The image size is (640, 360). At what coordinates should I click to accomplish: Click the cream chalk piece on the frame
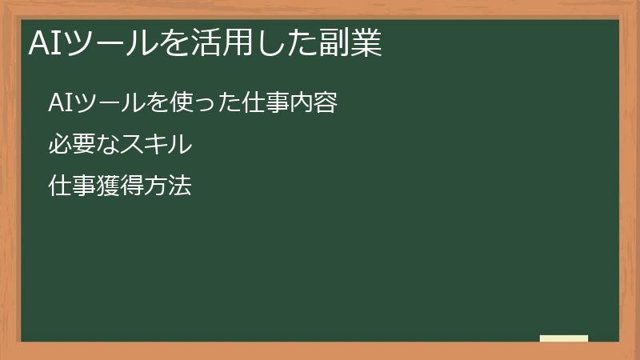564,338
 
